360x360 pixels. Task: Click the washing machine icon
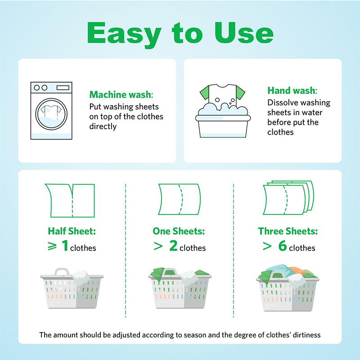click(51, 110)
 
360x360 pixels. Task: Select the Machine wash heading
click(121, 95)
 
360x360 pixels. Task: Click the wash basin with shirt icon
click(222, 111)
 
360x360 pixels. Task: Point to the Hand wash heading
click(291, 90)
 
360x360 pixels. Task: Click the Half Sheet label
click(72, 231)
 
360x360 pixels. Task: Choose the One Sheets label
click(179, 231)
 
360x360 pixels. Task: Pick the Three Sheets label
click(288, 231)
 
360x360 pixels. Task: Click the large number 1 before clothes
click(64, 247)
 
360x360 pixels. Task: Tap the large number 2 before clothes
click(173, 247)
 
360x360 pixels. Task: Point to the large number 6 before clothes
click(281, 247)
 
